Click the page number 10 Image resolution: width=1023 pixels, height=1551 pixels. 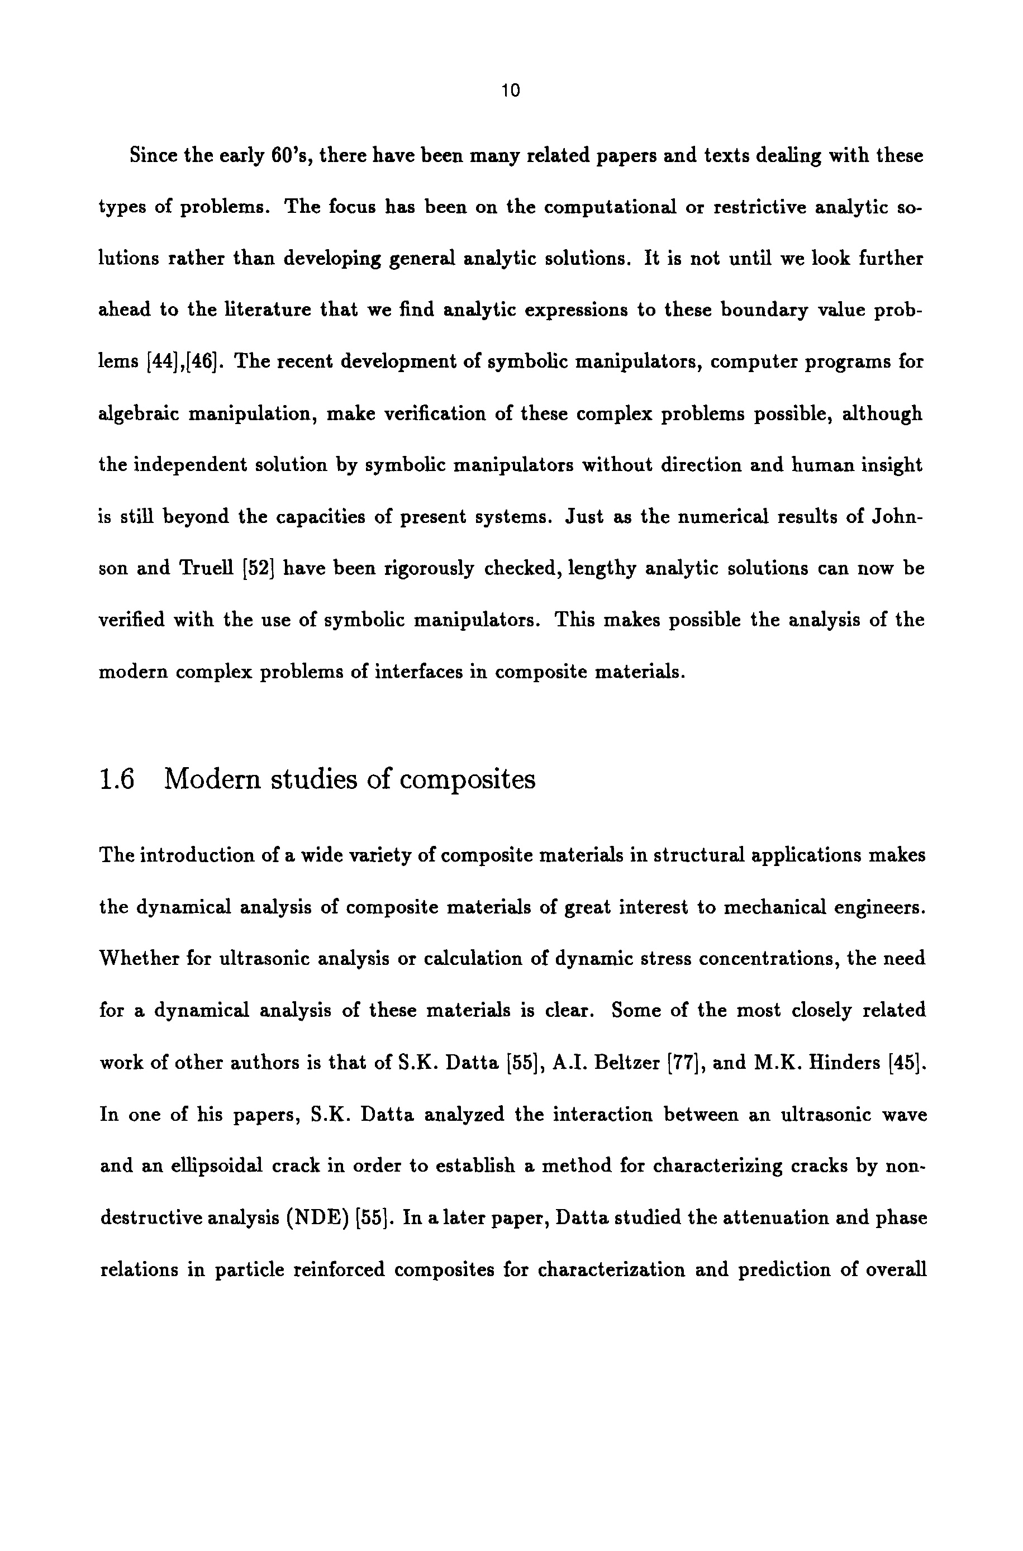(512, 91)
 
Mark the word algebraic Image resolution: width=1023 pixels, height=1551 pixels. (139, 414)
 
